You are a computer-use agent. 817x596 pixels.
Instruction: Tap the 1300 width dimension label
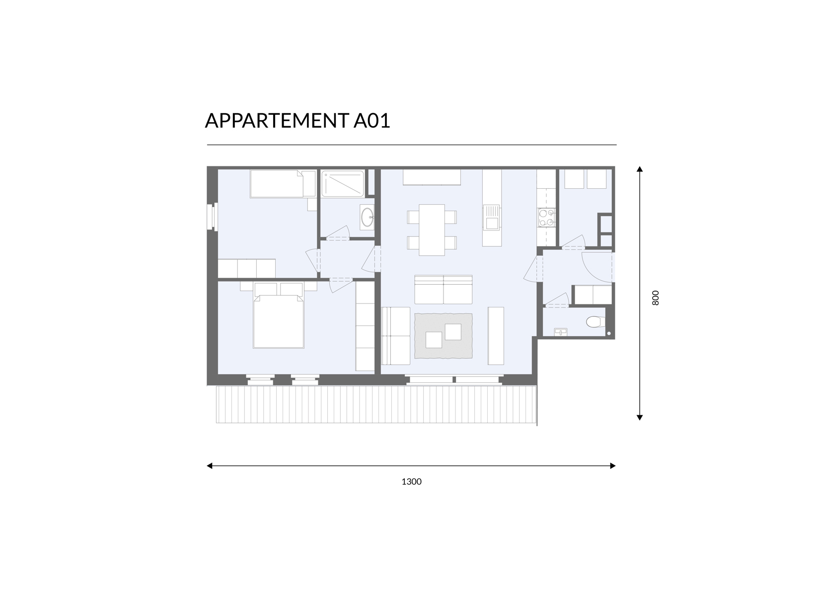[x=411, y=482]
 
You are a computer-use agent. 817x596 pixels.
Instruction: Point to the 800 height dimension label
[x=656, y=298]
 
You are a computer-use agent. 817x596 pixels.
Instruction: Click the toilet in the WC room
[x=595, y=322]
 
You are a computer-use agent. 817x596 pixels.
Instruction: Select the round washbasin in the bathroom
[x=368, y=218]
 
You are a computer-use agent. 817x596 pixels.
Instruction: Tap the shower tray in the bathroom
[x=343, y=183]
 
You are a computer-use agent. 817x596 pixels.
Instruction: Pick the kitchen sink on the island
[x=491, y=218]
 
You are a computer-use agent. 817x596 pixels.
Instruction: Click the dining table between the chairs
[x=432, y=230]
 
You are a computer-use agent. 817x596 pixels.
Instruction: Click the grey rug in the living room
[x=443, y=336]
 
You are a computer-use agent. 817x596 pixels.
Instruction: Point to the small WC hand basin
[x=560, y=332]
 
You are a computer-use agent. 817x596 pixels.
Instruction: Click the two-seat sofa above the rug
[x=443, y=290]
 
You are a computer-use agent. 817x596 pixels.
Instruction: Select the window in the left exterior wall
[x=212, y=217]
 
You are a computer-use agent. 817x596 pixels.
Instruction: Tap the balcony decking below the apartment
[x=376, y=404]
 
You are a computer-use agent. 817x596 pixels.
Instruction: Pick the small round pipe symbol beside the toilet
[x=609, y=333]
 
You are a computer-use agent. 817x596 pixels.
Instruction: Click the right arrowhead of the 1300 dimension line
[x=613, y=466]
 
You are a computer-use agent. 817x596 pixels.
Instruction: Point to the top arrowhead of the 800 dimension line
[x=639, y=169]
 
